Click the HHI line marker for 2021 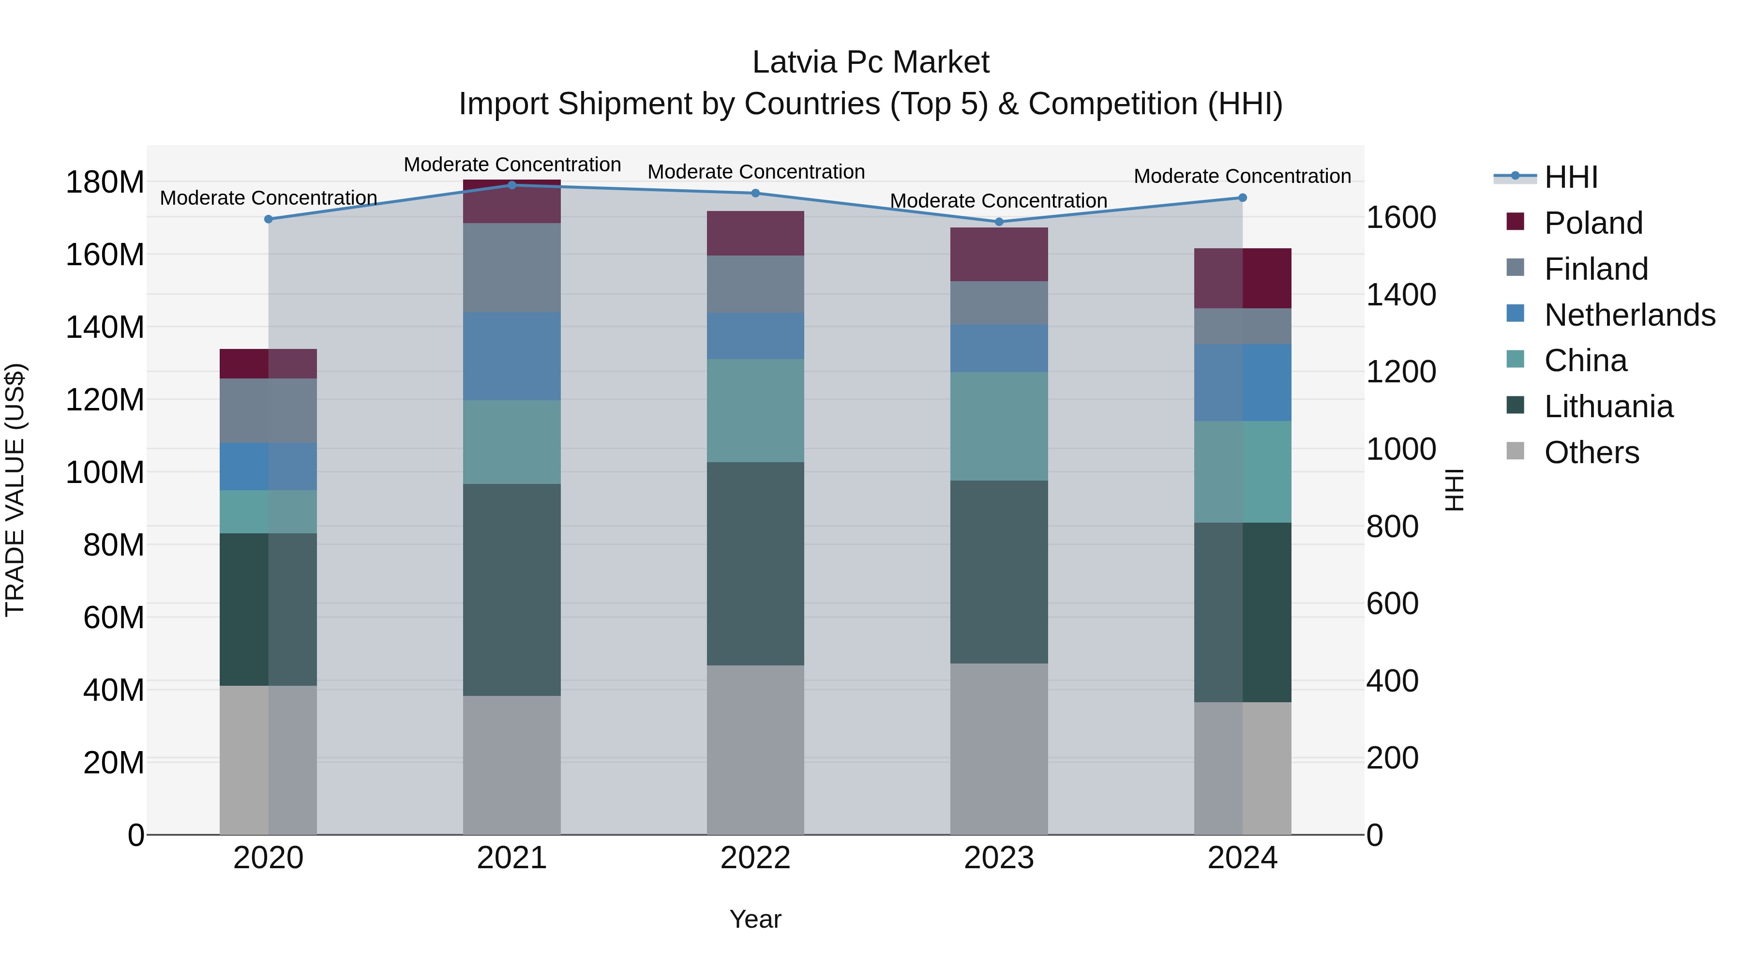pos(512,185)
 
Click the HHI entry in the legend pos(1570,177)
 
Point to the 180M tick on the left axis pos(105,182)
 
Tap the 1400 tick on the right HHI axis pos(1401,295)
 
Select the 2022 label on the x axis pos(755,858)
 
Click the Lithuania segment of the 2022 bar pos(755,563)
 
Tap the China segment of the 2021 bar pos(512,442)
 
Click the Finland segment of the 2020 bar pos(269,410)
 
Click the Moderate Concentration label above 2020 pos(269,198)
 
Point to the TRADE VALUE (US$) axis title pos(15,490)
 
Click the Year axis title pos(755,919)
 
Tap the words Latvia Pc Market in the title pos(871,63)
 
